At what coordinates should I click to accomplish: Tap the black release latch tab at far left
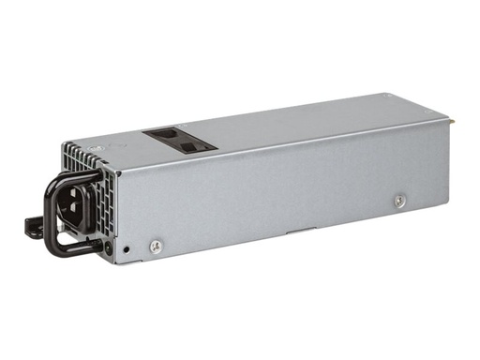coord(32,226)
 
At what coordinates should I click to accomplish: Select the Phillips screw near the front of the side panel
coord(156,247)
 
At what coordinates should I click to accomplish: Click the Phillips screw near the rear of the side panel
coord(400,200)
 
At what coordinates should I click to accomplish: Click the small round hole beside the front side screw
coord(127,250)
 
